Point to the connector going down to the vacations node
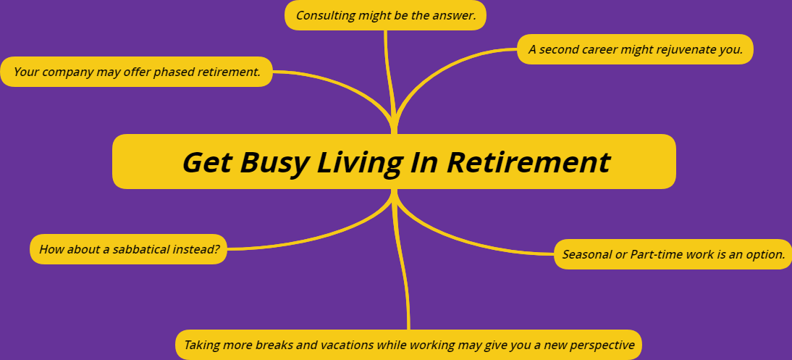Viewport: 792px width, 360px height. coord(402,259)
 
